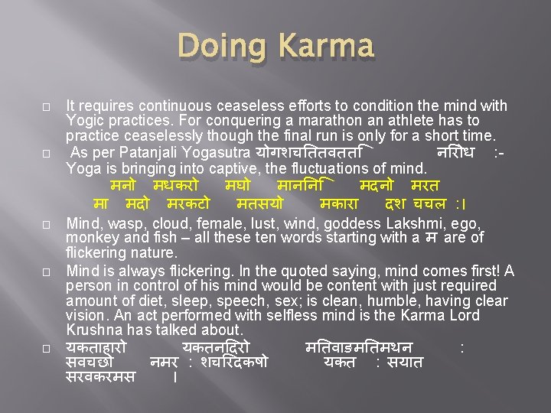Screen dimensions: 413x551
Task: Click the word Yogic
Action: [x=85, y=121]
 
